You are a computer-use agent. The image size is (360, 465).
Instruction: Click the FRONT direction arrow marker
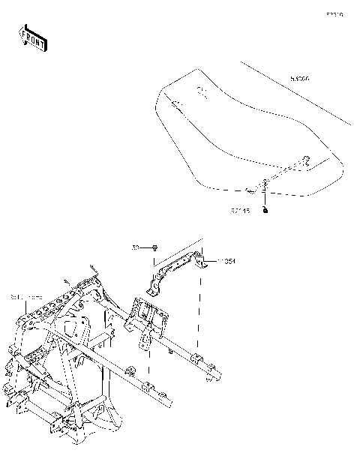[x=32, y=37]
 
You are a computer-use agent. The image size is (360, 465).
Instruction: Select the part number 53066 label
[x=298, y=78]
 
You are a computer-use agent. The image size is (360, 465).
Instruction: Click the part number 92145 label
[x=239, y=211]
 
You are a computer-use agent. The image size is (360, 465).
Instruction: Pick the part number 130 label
[x=136, y=247]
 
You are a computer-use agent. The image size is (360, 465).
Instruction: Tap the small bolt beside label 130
[x=154, y=247]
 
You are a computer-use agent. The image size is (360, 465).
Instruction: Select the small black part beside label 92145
[x=265, y=212]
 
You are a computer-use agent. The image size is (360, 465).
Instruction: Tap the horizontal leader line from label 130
[x=145, y=247]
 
